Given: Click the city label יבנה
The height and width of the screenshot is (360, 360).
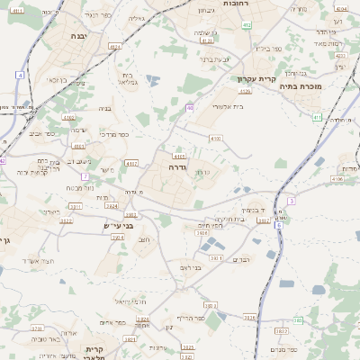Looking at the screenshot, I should pos(77,36).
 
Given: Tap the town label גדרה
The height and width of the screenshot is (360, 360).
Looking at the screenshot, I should pos(177,167).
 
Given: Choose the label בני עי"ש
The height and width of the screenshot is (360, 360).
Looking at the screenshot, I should pos(118,225).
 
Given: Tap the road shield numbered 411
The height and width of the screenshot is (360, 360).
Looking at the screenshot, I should pos(317,117).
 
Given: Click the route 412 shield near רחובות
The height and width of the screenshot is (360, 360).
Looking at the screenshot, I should pos(246,26).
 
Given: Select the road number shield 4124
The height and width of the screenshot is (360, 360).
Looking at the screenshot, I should pos(206,40).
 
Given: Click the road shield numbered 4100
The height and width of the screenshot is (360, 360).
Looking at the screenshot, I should pos(215,138).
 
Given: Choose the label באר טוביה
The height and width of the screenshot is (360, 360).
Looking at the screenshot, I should pos(43,339).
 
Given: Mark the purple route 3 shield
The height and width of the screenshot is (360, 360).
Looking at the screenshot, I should pos(291,200).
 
